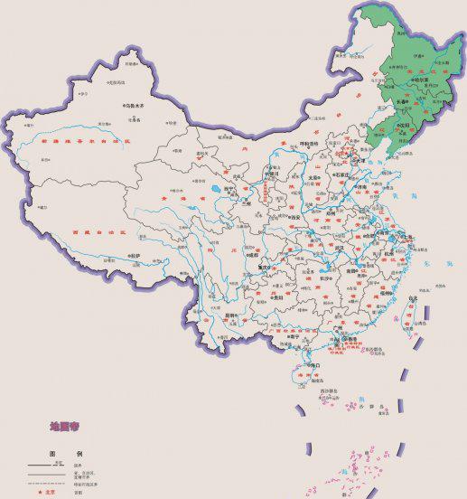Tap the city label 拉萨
(x=135, y=256)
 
